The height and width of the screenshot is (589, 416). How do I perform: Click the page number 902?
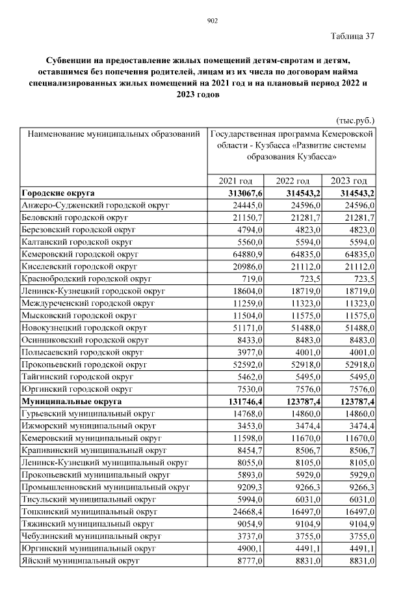coord(212,21)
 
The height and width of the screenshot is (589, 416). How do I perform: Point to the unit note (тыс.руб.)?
coord(356,120)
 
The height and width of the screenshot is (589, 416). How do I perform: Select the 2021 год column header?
coord(235,181)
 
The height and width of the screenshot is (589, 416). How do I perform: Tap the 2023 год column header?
coord(349,181)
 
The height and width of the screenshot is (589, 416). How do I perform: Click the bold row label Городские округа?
coord(58,193)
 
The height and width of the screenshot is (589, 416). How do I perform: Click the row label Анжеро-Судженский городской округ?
coord(96,206)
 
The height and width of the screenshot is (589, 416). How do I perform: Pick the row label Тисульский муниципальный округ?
coord(89,500)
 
